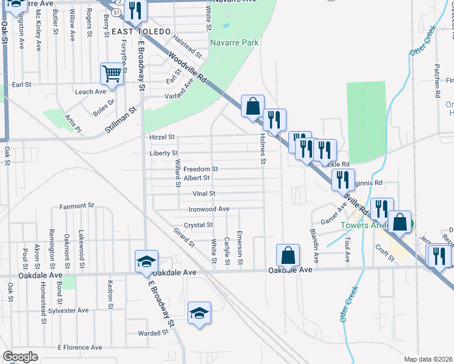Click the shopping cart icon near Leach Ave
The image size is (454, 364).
point(112,75)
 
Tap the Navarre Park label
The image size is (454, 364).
point(234,42)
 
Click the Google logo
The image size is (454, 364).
point(20,357)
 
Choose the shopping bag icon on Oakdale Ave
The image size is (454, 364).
point(288,255)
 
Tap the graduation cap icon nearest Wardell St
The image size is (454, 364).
point(199,313)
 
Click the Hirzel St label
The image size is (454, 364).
point(162,137)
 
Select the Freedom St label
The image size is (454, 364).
point(200,169)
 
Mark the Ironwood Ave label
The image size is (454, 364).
point(209,209)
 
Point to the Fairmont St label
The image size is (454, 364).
point(77,206)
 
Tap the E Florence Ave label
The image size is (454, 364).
point(80,348)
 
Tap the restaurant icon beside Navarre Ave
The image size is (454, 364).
point(135,10)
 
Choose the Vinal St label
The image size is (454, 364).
point(204,194)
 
